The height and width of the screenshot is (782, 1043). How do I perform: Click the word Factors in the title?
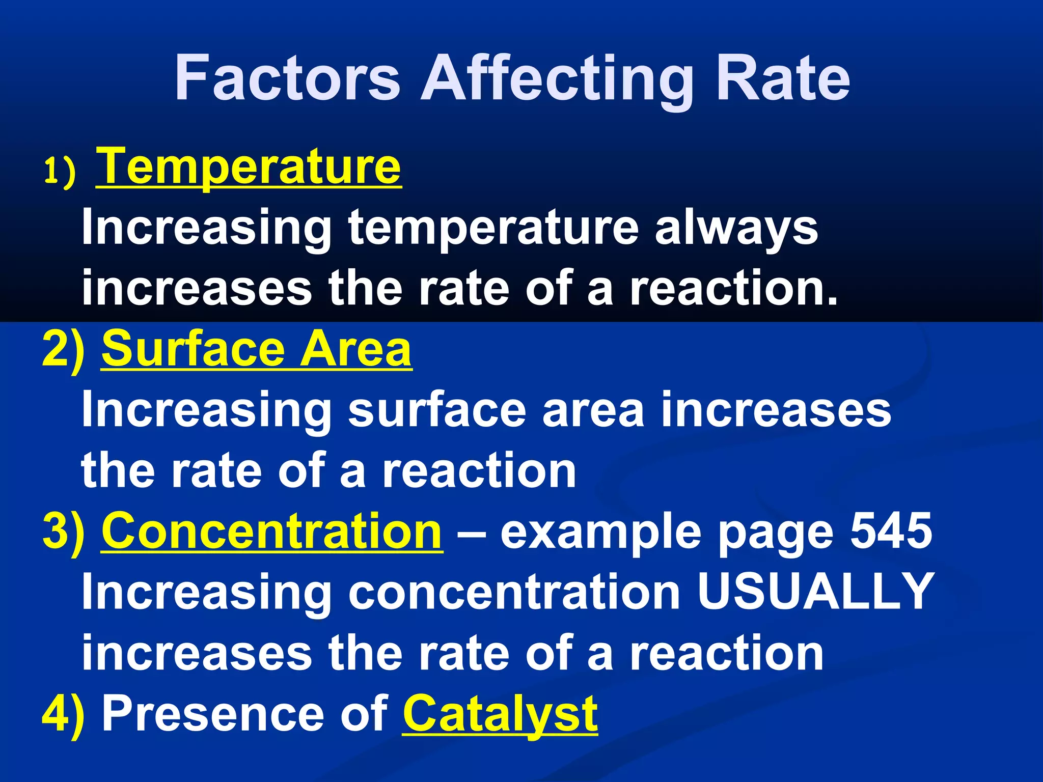(287, 79)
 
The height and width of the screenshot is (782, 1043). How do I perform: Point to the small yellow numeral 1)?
(60, 172)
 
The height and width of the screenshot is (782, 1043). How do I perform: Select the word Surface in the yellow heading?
(193, 349)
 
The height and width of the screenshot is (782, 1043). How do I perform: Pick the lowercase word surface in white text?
(437, 410)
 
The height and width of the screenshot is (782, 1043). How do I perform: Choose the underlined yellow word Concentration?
(272, 532)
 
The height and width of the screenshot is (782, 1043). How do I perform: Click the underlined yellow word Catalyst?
(500, 715)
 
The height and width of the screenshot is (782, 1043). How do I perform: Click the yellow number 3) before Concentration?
(64, 532)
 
